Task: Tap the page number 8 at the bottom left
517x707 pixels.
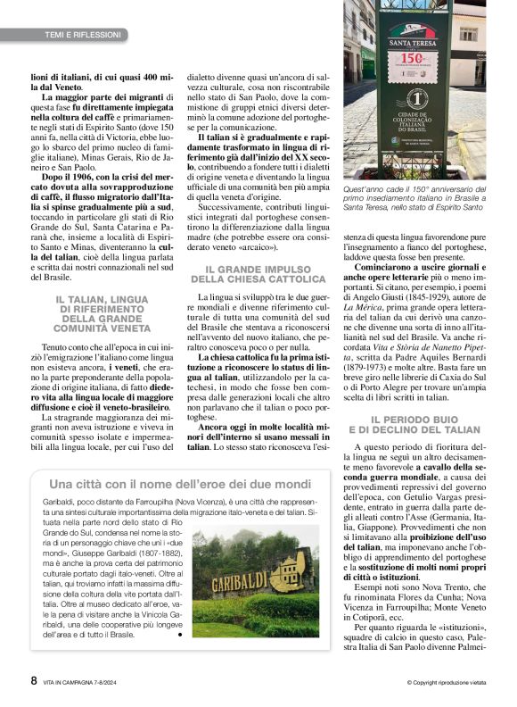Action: click(x=34, y=680)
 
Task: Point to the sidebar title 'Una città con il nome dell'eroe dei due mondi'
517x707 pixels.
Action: click(x=180, y=484)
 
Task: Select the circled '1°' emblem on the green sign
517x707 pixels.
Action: click(x=410, y=98)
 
